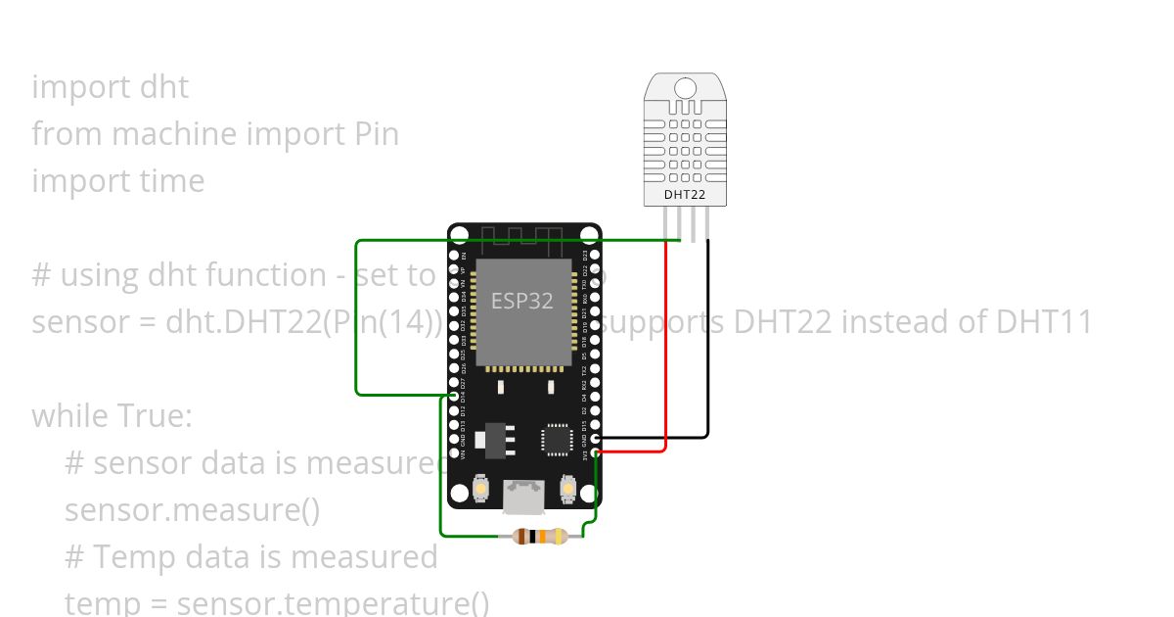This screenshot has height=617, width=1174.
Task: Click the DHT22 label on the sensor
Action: click(x=685, y=194)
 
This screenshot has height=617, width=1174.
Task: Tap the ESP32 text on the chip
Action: click(x=522, y=302)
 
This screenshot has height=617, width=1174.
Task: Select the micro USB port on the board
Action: click(x=524, y=496)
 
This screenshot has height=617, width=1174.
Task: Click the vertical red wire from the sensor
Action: click(x=666, y=343)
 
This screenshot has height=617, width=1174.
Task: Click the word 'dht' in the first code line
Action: click(x=164, y=87)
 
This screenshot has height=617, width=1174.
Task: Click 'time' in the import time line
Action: click(x=170, y=181)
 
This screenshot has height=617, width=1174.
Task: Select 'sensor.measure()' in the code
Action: click(x=192, y=510)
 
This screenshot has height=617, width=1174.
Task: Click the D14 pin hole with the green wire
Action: click(x=452, y=397)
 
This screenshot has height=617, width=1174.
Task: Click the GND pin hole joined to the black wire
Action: click(x=597, y=438)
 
